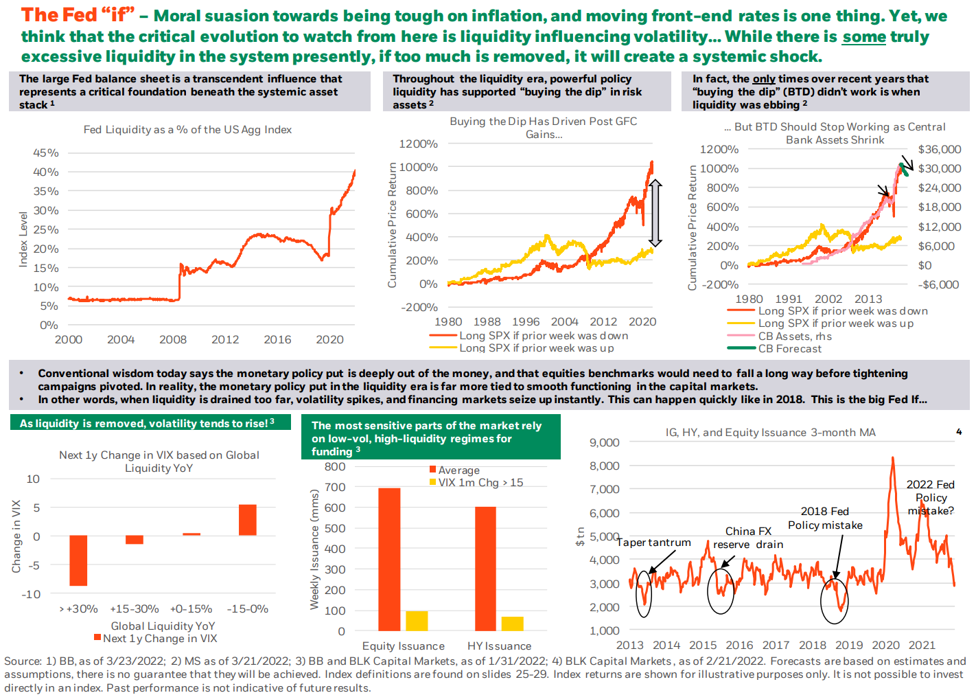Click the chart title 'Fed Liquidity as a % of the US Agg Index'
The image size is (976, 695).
click(x=187, y=130)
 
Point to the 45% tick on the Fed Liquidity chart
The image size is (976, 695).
click(x=46, y=153)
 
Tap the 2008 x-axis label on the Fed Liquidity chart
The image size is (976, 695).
click(x=173, y=340)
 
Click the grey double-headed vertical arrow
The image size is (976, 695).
click(x=655, y=213)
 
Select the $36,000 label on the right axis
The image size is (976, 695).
click(x=939, y=150)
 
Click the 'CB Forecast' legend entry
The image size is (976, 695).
click(x=789, y=349)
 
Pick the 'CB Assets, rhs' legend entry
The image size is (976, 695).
click(x=794, y=337)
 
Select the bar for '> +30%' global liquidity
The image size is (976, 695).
click(x=78, y=560)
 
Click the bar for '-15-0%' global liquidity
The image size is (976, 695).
click(x=247, y=520)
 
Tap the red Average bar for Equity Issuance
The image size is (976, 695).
click(x=389, y=559)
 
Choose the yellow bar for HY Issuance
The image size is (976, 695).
click(x=512, y=624)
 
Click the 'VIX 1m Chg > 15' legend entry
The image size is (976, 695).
click(x=480, y=483)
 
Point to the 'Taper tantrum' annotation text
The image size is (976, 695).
click(x=653, y=543)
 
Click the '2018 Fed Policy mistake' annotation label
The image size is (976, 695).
click(x=825, y=519)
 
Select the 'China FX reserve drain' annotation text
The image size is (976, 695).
click(x=748, y=538)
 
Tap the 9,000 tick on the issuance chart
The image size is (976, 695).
click(x=604, y=443)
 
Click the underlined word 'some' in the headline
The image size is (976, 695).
click(x=864, y=36)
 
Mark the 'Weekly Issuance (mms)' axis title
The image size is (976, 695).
click(x=314, y=549)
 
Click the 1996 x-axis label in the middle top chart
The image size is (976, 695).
click(x=526, y=322)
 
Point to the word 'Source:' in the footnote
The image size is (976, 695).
click(x=23, y=661)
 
